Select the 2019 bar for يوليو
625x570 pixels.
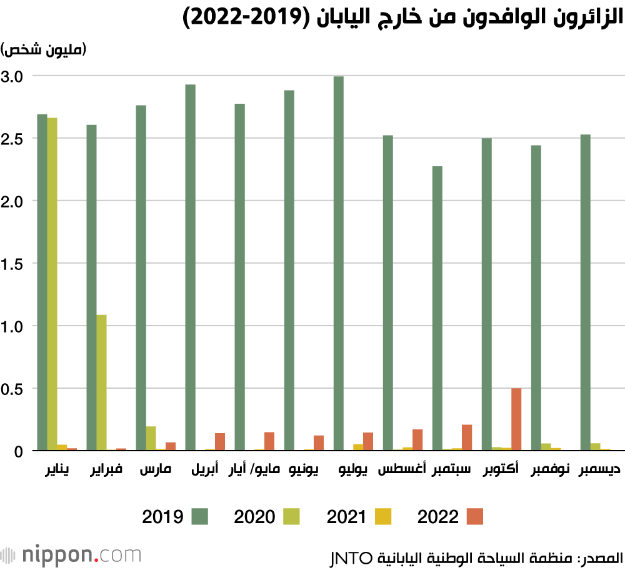coord(339,263)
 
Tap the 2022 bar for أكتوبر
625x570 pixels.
coord(516,419)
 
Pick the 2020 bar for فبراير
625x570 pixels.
coord(101,382)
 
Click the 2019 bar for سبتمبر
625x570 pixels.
coord(437,308)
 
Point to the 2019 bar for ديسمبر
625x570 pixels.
coord(585,292)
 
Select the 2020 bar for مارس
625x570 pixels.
coord(151,438)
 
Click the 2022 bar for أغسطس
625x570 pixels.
coord(417,440)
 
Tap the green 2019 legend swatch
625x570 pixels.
coord(199,516)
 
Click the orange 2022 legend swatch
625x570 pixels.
coord(474,516)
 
